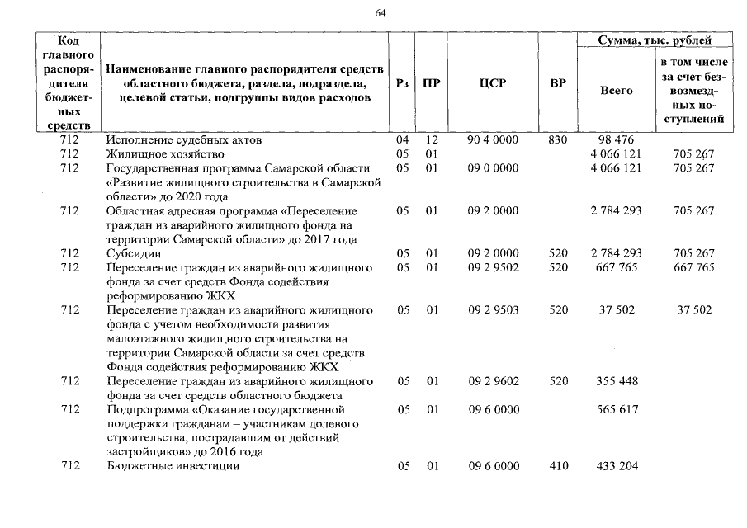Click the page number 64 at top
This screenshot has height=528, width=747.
point(380,13)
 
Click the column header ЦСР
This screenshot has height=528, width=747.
point(492,83)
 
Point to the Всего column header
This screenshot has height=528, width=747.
point(617,90)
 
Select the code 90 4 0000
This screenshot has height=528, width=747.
point(492,140)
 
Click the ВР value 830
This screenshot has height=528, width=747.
point(558,140)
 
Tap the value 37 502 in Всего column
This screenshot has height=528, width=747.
point(617,310)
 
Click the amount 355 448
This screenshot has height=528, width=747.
point(617,381)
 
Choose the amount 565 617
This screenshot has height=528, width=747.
point(617,409)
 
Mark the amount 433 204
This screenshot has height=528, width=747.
point(617,466)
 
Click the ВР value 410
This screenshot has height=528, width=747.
point(558,466)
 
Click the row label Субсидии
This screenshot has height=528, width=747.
point(134,253)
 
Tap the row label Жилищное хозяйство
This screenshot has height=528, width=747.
point(165,154)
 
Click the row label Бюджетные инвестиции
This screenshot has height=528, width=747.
point(173,466)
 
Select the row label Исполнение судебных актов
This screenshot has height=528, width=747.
point(178,140)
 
